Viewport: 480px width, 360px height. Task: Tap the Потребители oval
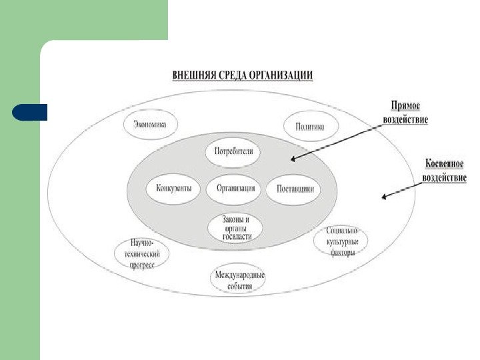(233, 152)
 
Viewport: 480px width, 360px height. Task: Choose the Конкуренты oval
(173, 188)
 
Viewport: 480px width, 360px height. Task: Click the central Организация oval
(235, 188)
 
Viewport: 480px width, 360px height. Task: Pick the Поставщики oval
(295, 189)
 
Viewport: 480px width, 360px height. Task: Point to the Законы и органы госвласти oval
(235, 228)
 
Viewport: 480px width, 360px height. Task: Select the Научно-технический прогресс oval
(142, 254)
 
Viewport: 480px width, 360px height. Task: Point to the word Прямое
(405, 107)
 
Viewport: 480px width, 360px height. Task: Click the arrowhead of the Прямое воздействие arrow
(293, 159)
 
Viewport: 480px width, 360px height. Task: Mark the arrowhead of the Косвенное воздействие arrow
(383, 197)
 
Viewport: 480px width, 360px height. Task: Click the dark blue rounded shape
(30, 112)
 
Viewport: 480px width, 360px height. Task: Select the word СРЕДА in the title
(233, 75)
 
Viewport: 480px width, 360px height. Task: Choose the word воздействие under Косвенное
(445, 178)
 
